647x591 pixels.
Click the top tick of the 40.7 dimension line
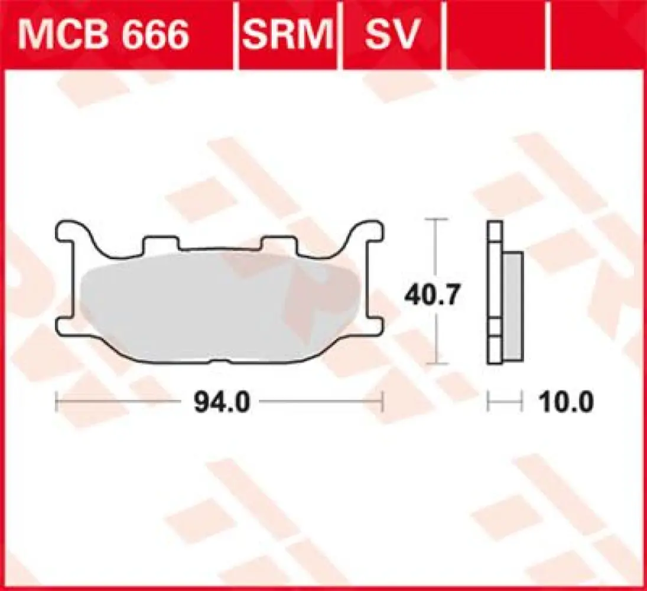(x=435, y=220)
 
